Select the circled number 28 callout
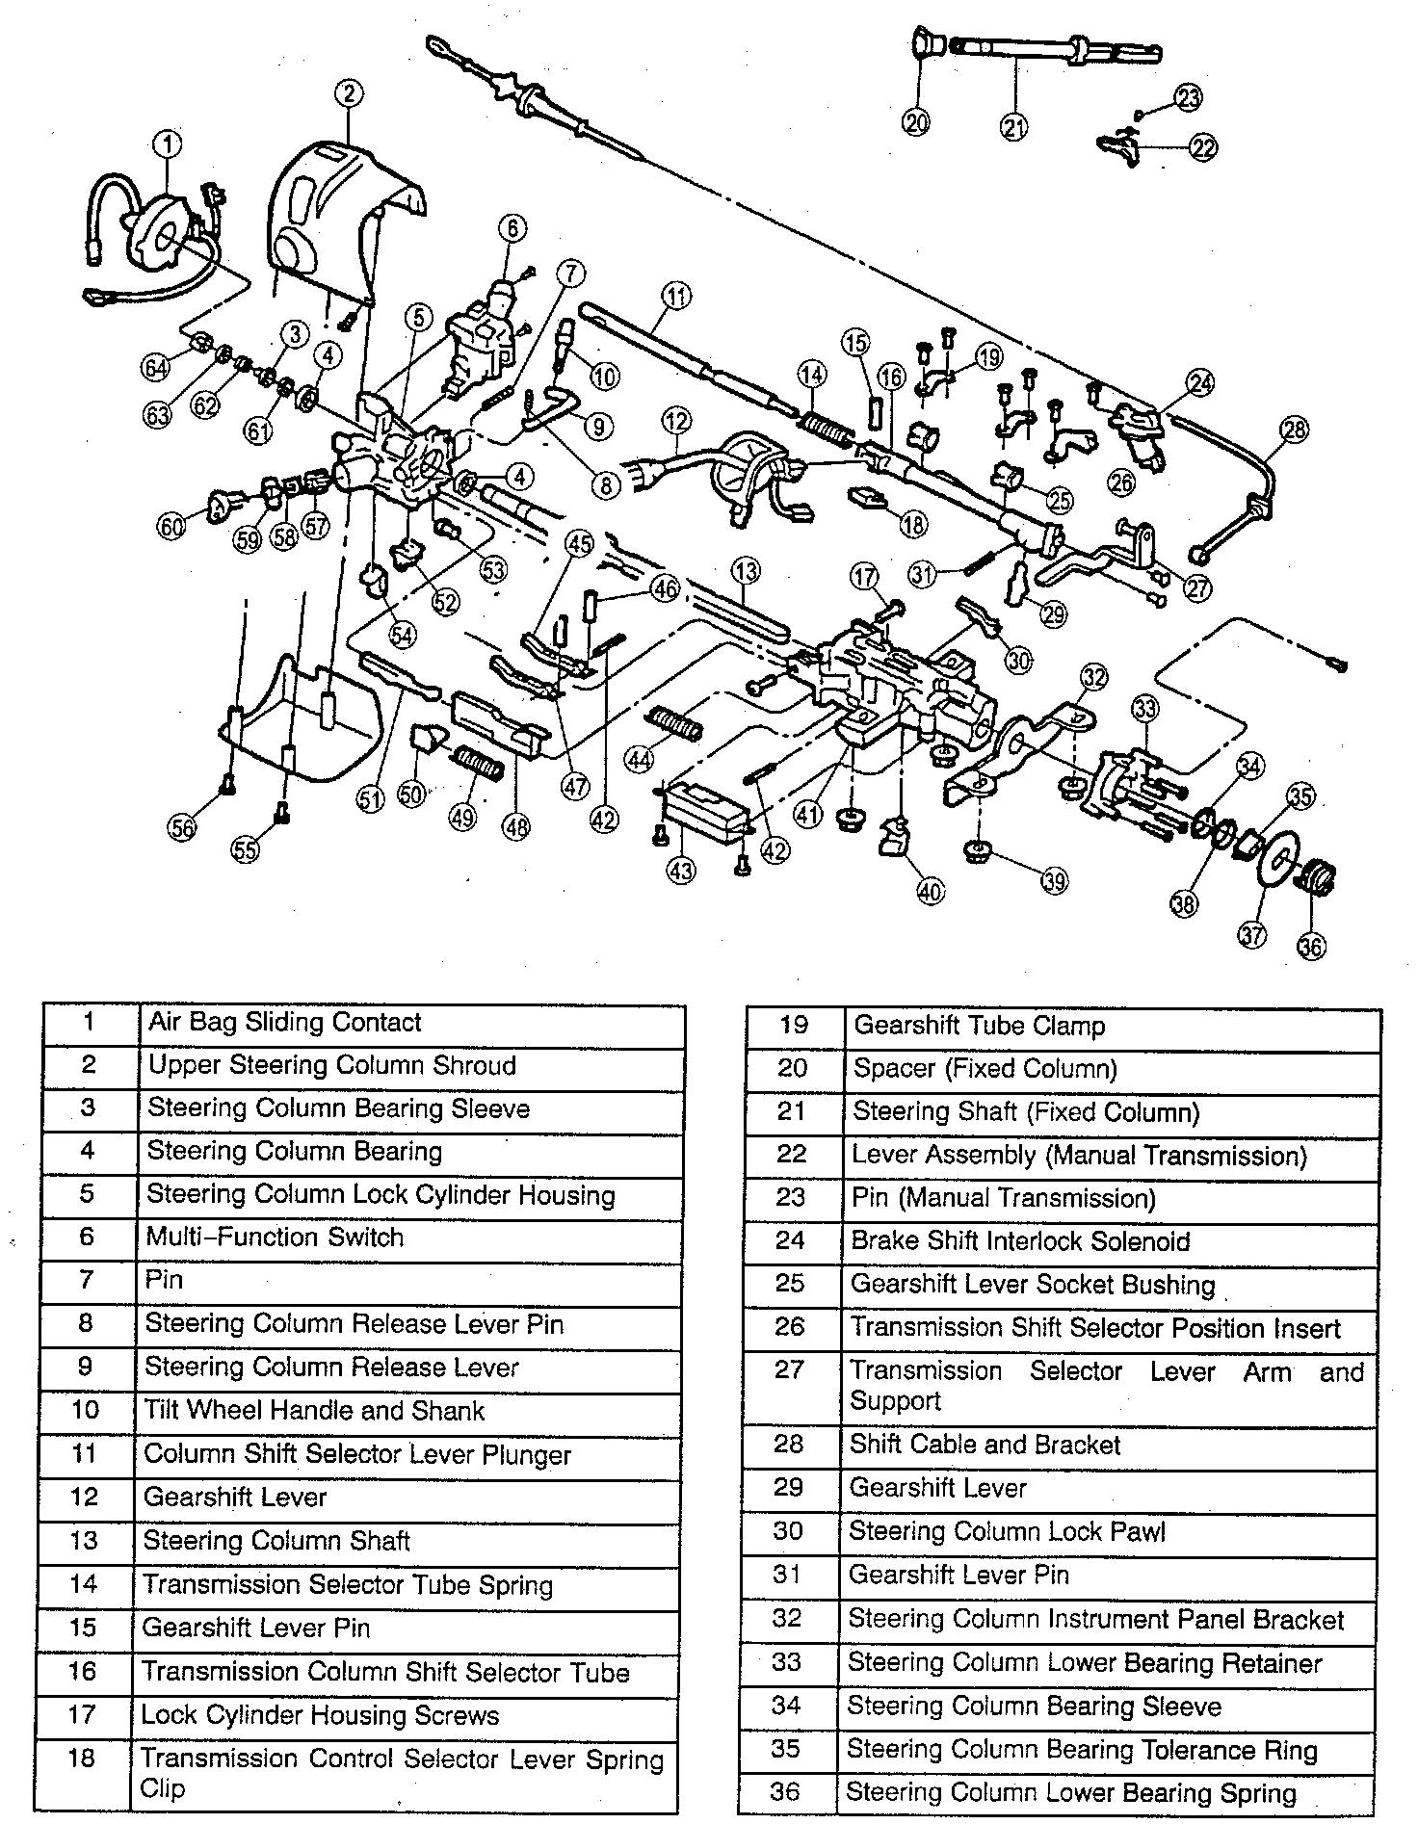click(x=1295, y=430)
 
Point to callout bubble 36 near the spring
click(x=1311, y=947)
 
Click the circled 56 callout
click(x=182, y=826)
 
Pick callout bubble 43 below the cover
click(x=681, y=870)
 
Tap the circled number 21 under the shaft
click(x=1014, y=126)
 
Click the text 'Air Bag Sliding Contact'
click(x=284, y=1023)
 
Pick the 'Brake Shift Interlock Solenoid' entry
click(x=1020, y=1241)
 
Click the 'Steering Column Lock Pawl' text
click(x=1007, y=1531)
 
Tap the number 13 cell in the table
click(x=85, y=1541)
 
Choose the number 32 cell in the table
click(x=788, y=1618)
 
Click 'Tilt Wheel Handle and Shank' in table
click(x=314, y=1411)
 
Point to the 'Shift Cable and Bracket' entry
click(x=985, y=1445)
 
